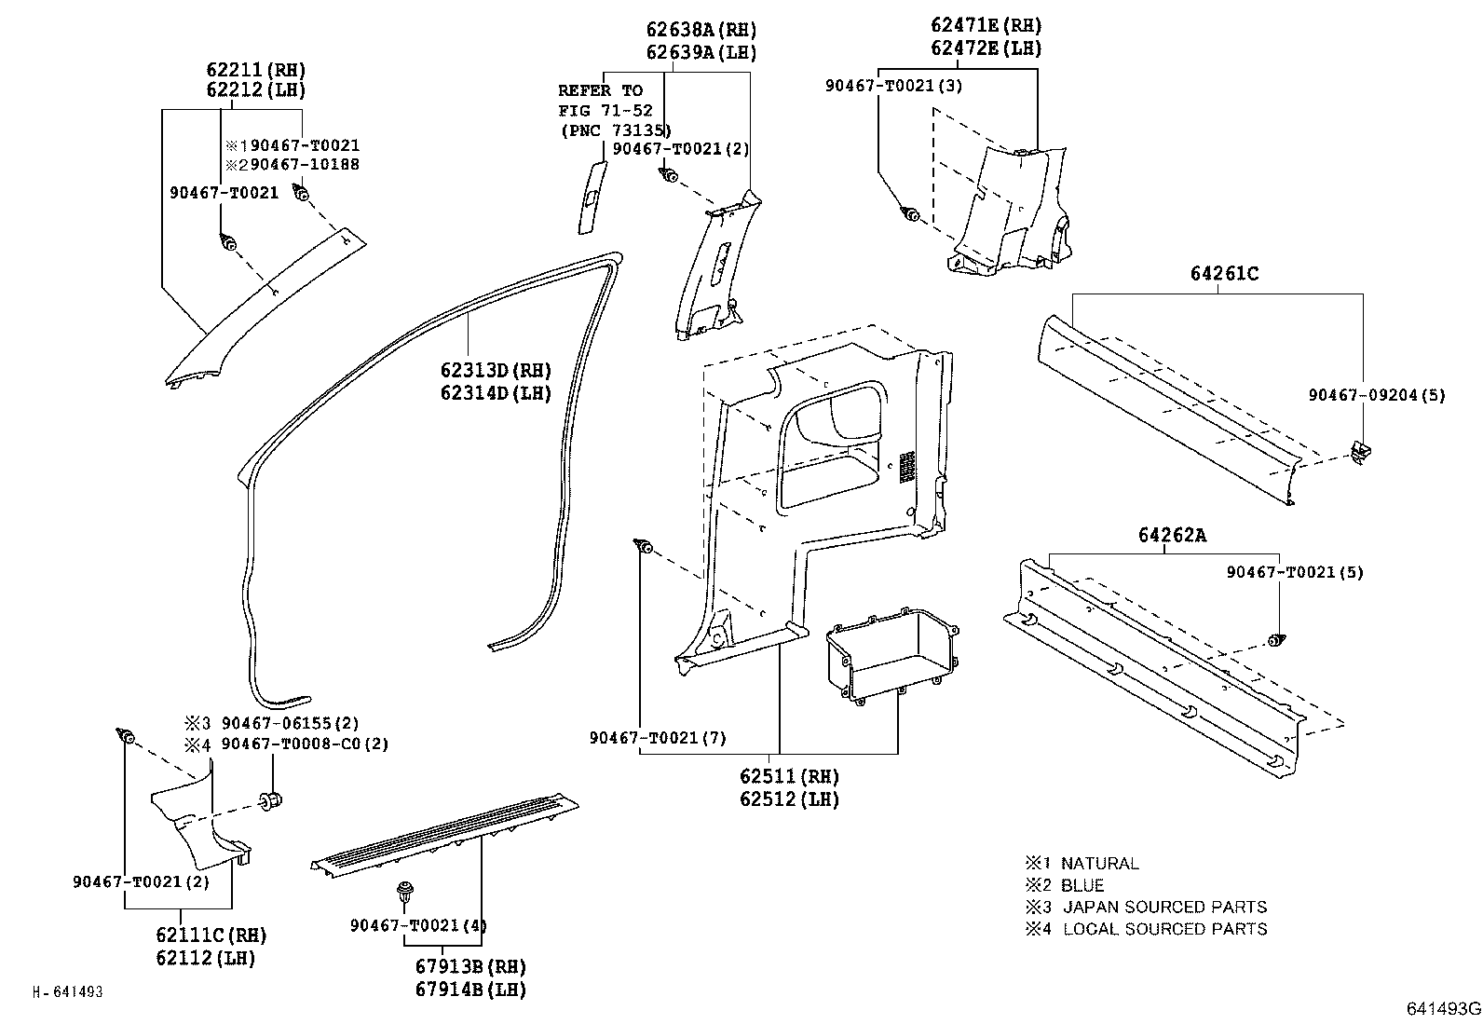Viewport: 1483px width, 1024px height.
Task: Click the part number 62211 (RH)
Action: (x=256, y=70)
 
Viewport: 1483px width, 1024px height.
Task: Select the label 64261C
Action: (x=1224, y=274)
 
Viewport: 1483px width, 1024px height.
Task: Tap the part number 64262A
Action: (x=1172, y=536)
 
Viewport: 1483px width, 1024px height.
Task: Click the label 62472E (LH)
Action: (x=986, y=48)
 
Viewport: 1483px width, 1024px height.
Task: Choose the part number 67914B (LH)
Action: (x=470, y=989)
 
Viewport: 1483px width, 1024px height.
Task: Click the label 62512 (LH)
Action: (x=789, y=799)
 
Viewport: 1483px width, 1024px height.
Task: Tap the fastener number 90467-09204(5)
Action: (x=1377, y=395)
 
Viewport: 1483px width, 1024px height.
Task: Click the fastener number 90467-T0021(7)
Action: (x=658, y=738)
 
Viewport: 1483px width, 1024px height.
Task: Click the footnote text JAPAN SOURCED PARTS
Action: (x=1164, y=907)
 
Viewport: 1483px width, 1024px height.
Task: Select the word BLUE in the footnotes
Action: (x=1082, y=885)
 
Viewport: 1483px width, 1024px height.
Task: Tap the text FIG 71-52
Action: (x=605, y=110)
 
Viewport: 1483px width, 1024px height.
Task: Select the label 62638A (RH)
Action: (x=701, y=30)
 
